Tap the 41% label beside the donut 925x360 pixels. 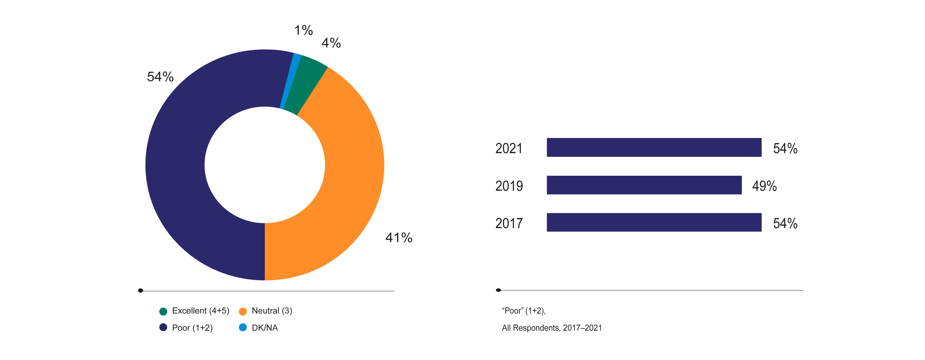point(399,238)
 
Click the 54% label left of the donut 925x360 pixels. point(160,77)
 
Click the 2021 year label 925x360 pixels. point(509,148)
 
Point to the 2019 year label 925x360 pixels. point(509,186)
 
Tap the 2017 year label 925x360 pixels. point(509,223)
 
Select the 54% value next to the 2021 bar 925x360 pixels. point(785,148)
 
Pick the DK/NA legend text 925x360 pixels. point(265,328)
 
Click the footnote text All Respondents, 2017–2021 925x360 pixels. point(552,328)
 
